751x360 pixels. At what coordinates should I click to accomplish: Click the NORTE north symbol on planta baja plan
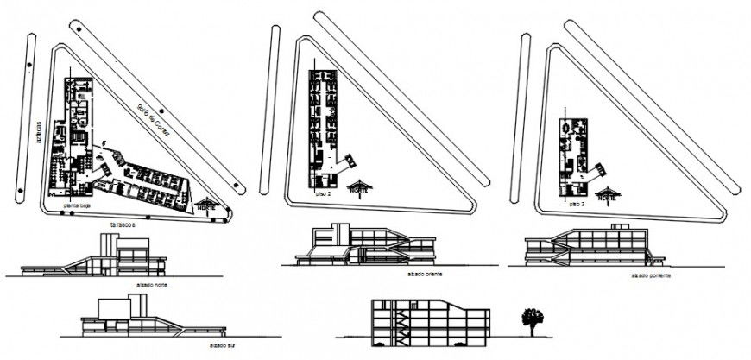pyautogui.click(x=207, y=204)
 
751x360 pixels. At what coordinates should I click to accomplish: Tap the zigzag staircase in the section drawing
pyautogui.click(x=400, y=324)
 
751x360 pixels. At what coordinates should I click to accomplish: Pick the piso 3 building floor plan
pyautogui.click(x=574, y=154)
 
